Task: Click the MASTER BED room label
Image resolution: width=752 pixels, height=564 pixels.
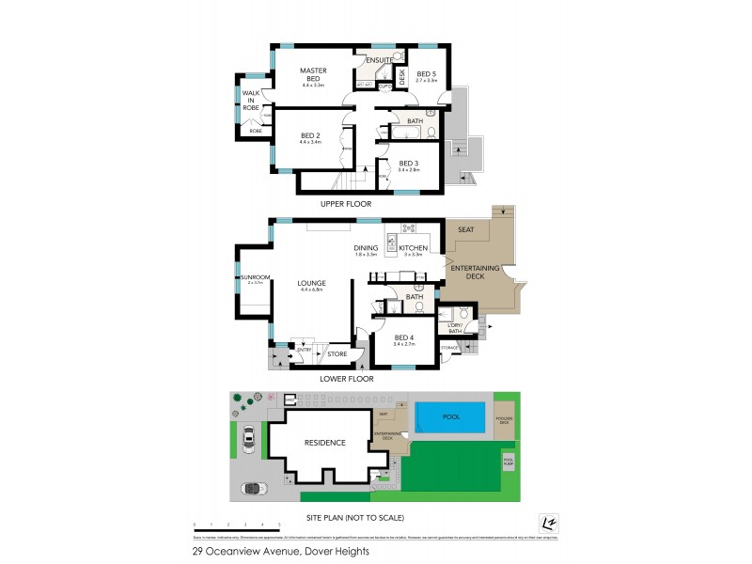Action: (312, 75)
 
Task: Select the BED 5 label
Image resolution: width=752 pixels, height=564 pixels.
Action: (427, 74)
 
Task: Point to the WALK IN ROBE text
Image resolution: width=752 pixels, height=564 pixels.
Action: (251, 101)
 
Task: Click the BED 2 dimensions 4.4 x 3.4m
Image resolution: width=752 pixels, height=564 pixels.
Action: (311, 143)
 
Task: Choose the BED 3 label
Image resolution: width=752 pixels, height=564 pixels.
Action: (409, 164)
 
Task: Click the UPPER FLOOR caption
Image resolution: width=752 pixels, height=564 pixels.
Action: (346, 204)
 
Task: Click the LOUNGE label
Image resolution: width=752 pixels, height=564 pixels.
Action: (311, 283)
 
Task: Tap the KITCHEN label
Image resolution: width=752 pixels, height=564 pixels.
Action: (415, 248)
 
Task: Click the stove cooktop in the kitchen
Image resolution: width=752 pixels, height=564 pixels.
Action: (409, 228)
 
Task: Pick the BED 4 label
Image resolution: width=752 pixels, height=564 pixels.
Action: (404, 338)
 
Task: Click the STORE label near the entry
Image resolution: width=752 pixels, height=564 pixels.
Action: (337, 354)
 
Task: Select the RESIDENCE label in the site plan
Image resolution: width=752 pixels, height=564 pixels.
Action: (324, 443)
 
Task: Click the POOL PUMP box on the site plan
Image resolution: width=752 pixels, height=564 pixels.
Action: (509, 462)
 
